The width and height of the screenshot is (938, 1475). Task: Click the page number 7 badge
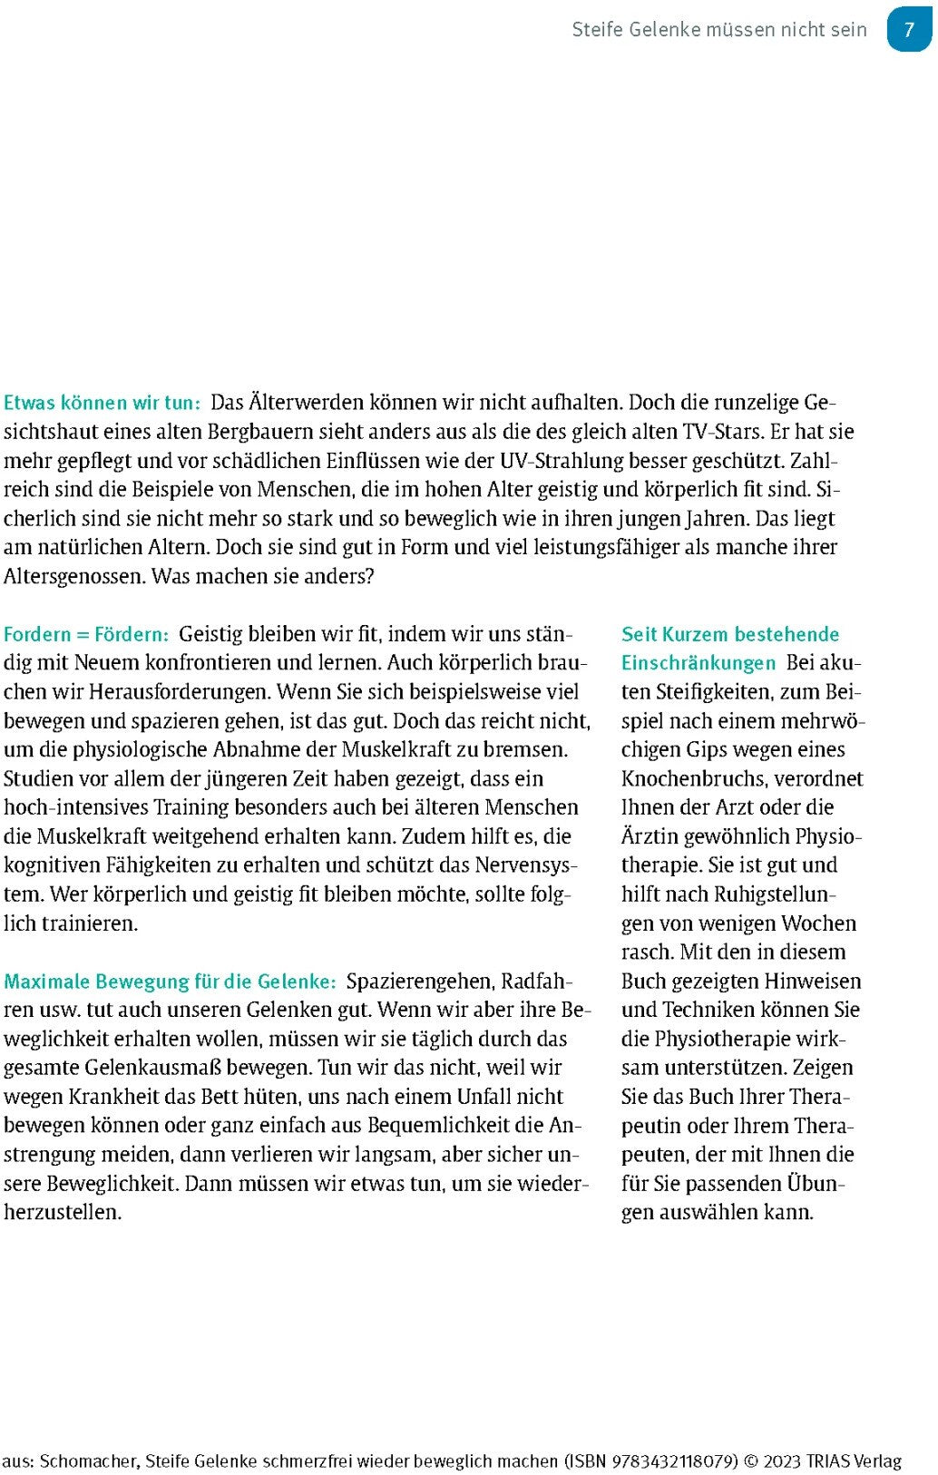click(909, 30)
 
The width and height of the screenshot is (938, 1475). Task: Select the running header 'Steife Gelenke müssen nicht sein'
click(718, 30)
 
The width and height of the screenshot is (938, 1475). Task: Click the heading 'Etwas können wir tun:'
click(102, 403)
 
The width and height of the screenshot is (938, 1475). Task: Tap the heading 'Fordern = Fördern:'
click(86, 634)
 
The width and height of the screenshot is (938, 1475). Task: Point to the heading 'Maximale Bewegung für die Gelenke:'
click(170, 982)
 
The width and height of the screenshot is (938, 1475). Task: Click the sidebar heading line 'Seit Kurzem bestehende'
click(729, 634)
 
